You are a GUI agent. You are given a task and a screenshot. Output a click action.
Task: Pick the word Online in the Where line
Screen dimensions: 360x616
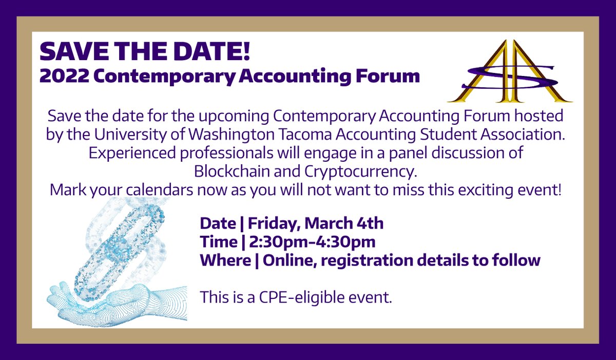coord(287,260)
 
